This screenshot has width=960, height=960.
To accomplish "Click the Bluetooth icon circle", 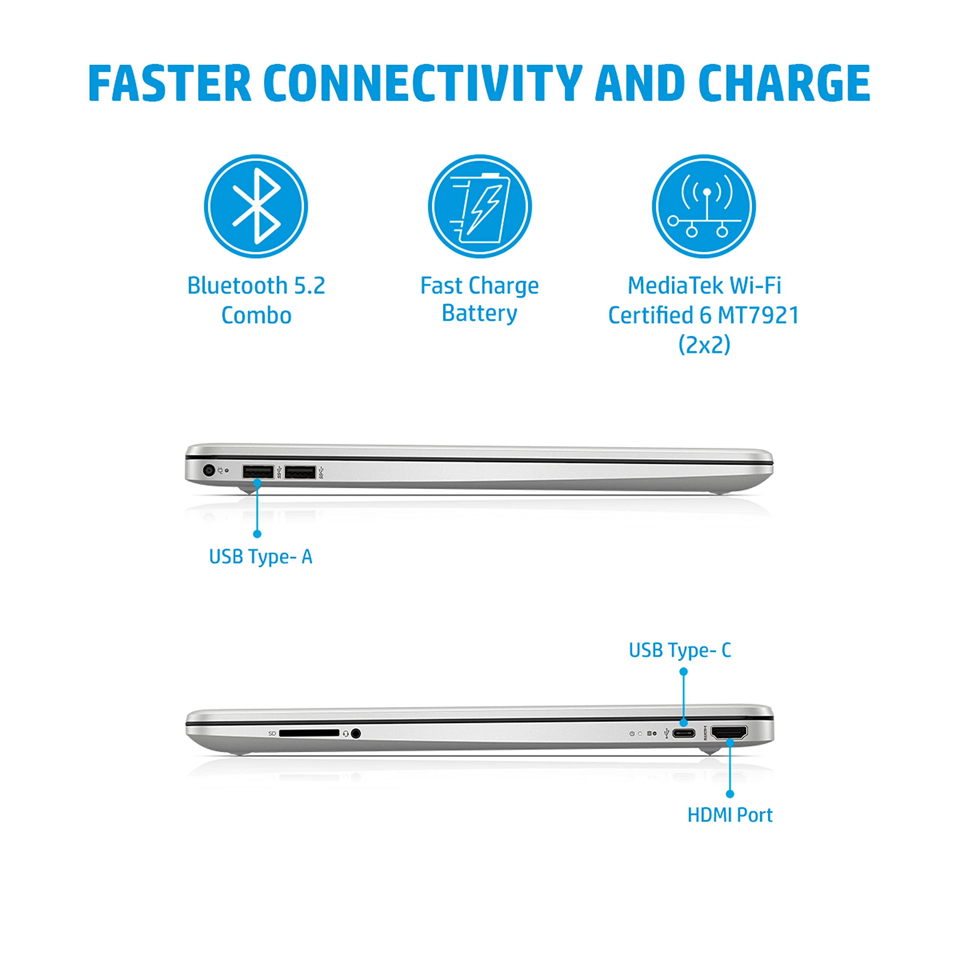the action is [x=256, y=206].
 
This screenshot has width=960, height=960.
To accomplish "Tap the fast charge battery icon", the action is [x=480, y=206].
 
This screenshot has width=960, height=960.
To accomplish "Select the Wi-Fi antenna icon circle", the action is [x=704, y=206].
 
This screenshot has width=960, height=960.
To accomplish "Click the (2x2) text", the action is [x=705, y=344].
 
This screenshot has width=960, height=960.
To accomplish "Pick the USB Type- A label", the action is [x=261, y=557].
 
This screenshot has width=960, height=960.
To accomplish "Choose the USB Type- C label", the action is [x=680, y=650].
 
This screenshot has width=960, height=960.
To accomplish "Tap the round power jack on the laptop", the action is [x=209, y=469].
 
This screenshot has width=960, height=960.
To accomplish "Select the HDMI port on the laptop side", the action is [x=729, y=733].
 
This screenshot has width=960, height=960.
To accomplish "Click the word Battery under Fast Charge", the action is [x=480, y=313].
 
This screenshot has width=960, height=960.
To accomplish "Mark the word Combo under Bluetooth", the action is [x=256, y=315].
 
